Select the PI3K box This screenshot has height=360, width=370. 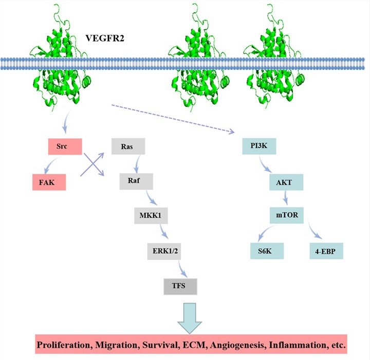coord(260,147)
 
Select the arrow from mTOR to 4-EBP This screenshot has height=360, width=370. coord(315,230)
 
